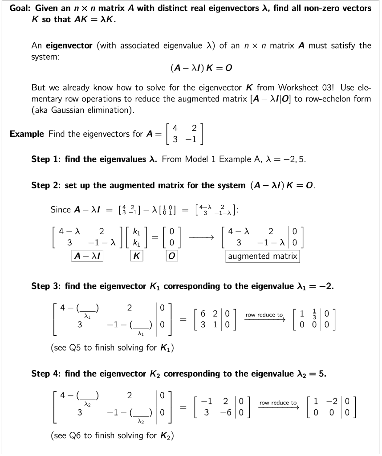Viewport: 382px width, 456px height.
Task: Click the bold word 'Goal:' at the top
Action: click(20, 8)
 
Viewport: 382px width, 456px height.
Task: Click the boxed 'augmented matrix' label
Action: click(262, 256)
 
